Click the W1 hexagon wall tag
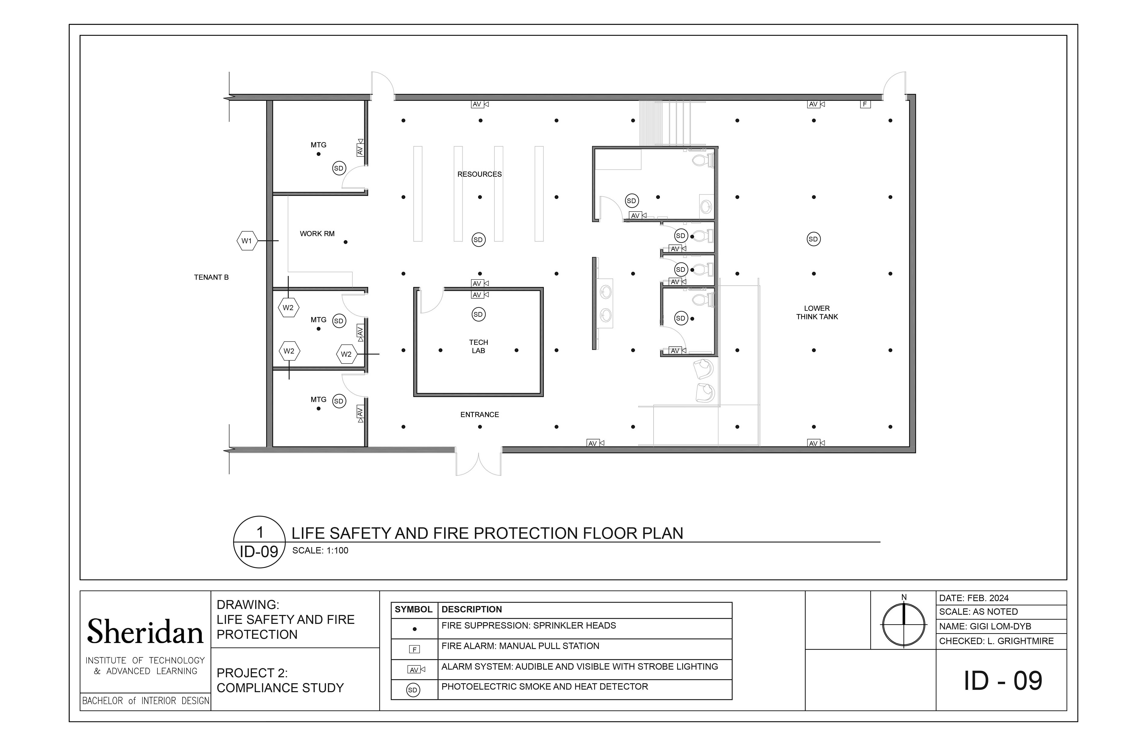(x=247, y=241)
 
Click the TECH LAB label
(x=478, y=347)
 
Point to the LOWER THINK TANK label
(x=817, y=313)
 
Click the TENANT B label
(x=211, y=277)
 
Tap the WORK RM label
(x=317, y=234)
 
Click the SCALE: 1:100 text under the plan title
(x=320, y=550)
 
